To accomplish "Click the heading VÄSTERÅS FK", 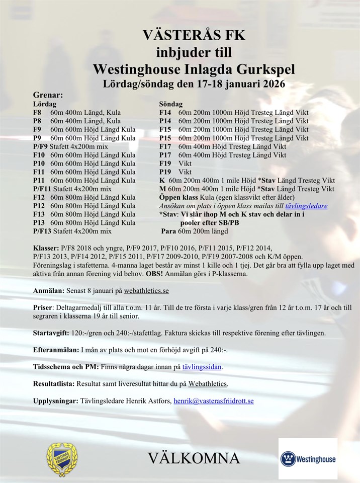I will tap(194, 35).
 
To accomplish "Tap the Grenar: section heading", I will tap(48, 95).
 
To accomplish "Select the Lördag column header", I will tap(45, 104).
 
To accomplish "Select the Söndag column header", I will tap(171, 104).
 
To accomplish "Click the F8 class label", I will tap(37, 113).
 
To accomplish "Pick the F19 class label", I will tap(166, 164).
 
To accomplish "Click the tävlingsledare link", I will tap(306, 206).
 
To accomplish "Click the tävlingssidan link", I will tap(201, 367).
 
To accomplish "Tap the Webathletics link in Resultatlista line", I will tap(208, 384).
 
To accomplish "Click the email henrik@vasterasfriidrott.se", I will tap(214, 401).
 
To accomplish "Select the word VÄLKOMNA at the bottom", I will tap(194, 458).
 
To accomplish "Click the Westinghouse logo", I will tap(308, 459).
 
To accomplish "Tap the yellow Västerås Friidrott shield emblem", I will tap(62, 458).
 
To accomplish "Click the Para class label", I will tap(169, 231).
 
